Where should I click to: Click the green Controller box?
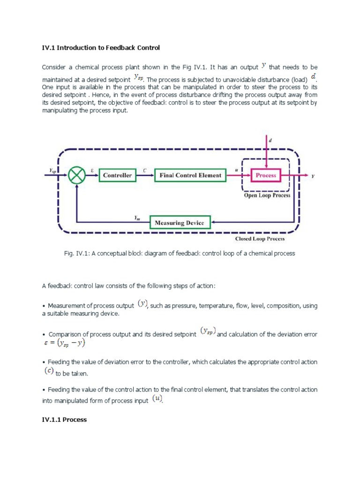(x=117, y=175)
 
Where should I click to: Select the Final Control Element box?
(x=187, y=175)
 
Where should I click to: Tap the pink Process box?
(x=266, y=175)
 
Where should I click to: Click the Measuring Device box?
(x=180, y=223)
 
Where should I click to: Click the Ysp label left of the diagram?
(x=52, y=172)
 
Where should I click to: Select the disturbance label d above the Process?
(x=270, y=139)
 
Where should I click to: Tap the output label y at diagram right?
(x=313, y=176)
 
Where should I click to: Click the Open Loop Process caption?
(x=267, y=195)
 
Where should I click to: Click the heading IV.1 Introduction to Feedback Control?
(x=101, y=47)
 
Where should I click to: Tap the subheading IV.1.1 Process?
(x=64, y=420)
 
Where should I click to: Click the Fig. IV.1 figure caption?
(x=179, y=253)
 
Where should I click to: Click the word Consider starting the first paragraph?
(x=55, y=67)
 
